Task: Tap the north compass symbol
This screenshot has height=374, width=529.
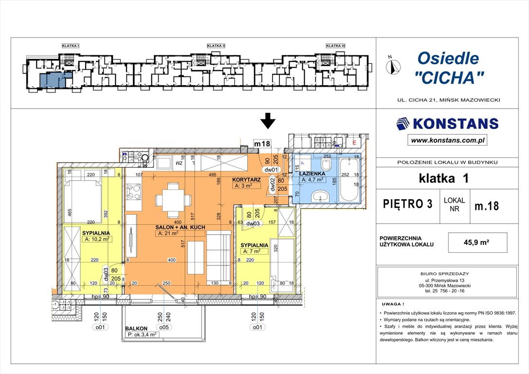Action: point(393,65)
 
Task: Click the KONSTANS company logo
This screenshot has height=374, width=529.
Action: point(447,124)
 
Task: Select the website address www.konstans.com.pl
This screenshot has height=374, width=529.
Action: point(447,140)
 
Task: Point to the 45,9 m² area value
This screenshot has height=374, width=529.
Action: point(479,242)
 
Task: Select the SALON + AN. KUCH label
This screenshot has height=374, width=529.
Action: point(180,227)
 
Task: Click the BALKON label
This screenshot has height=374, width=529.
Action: point(136,328)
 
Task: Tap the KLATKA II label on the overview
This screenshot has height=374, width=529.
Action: point(216,46)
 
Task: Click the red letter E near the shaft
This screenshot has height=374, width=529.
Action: point(354,143)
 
